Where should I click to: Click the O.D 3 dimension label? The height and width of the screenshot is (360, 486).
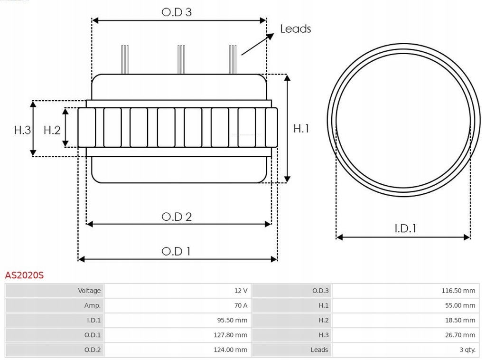coord(177,12)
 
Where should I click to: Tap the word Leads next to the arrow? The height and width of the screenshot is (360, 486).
coord(295,28)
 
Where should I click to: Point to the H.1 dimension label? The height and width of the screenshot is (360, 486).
coord(301,128)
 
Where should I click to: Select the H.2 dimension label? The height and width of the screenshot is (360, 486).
coord(52,130)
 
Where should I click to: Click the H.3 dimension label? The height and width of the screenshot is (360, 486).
coord(22,130)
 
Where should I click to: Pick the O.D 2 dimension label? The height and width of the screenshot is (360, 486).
coord(177,217)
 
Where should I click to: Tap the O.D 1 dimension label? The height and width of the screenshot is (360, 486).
coord(176,251)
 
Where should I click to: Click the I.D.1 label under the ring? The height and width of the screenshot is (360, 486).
coord(405,228)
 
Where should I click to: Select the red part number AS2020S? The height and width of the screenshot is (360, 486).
coord(24,275)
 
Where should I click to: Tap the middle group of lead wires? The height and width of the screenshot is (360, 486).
coord(181,59)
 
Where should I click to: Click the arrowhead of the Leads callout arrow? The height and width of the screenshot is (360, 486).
coord(271,35)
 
